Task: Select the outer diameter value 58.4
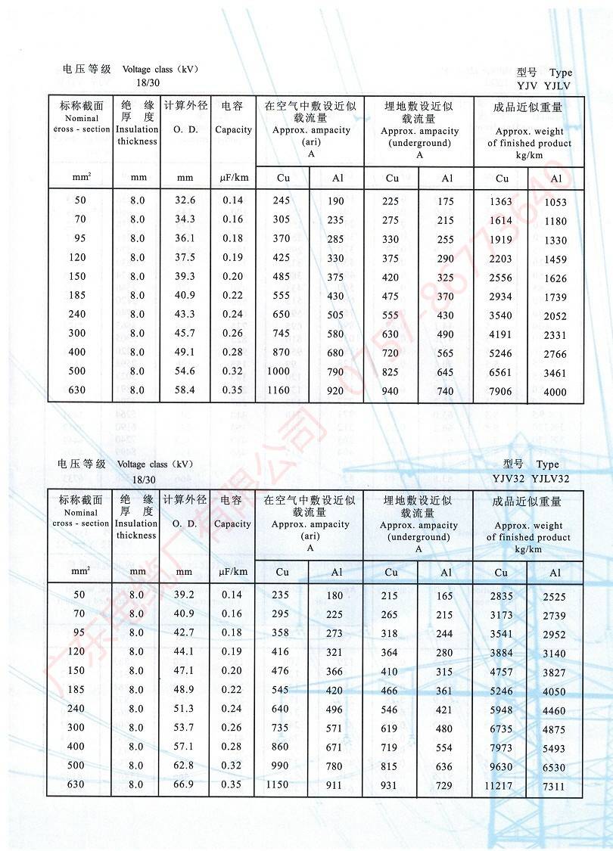185,390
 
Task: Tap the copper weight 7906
500,391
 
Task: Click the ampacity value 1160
278,390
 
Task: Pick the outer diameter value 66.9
185,784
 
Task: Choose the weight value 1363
500,202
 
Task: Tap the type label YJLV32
550,478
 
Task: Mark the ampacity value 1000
278,371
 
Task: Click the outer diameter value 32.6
185,200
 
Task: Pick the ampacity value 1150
278,784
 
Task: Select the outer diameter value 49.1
185,352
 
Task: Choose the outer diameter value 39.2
185,595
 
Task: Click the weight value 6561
500,372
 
